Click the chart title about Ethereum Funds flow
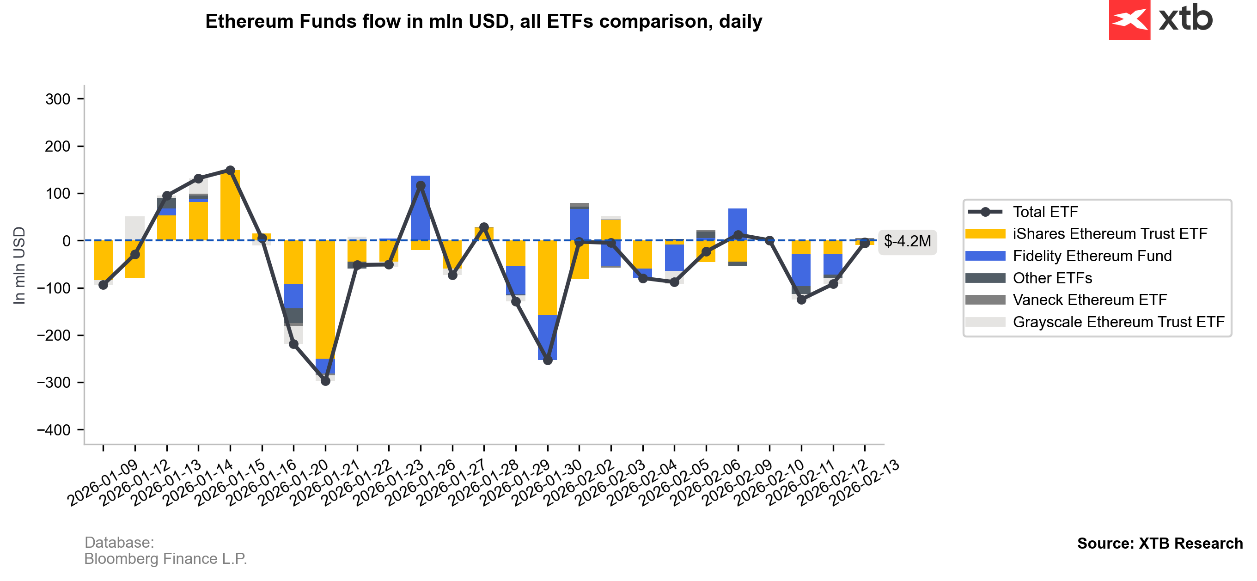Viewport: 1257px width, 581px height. click(483, 21)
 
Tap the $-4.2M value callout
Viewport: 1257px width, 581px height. click(907, 241)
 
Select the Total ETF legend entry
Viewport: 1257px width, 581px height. click(1045, 212)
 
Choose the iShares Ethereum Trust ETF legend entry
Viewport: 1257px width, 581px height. click(1109, 234)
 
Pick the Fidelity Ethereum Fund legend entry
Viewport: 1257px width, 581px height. click(1092, 256)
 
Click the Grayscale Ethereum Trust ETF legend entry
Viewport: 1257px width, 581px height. click(1118, 322)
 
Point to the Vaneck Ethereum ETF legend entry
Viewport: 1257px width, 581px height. click(1089, 300)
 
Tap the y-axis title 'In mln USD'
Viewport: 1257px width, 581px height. click(19, 266)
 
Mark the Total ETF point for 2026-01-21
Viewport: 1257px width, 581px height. click(325, 381)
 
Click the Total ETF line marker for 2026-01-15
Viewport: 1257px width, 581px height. click(230, 171)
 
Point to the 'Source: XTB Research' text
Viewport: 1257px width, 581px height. click(1159, 544)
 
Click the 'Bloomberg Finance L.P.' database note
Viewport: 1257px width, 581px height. click(165, 558)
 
